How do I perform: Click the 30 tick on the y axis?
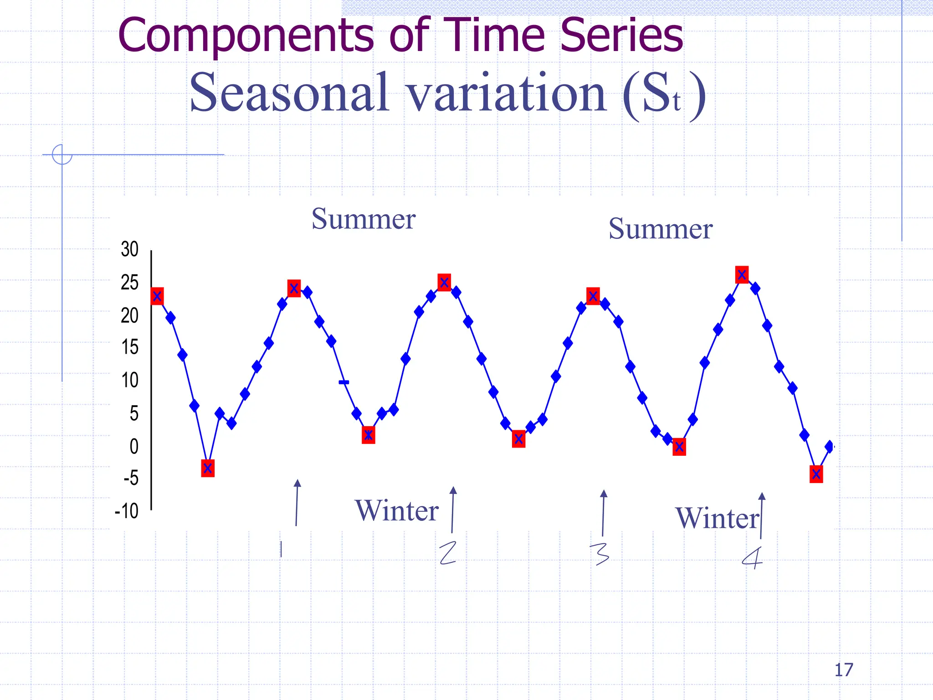tap(130, 249)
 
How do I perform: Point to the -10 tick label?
tap(127, 511)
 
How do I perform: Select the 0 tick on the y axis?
tap(134, 446)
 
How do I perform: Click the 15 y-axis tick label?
tap(130, 347)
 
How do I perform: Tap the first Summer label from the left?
tap(363, 219)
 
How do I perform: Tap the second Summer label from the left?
tap(660, 229)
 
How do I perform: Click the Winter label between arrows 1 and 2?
tap(396, 510)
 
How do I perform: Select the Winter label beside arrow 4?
tap(717, 519)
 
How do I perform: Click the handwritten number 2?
tap(448, 553)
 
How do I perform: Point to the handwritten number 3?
tap(600, 554)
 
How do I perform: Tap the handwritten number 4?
tap(752, 558)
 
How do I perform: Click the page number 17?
tap(843, 670)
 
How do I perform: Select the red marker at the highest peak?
tap(742, 275)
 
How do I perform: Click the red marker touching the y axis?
tap(157, 296)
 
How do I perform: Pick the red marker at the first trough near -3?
tap(208, 468)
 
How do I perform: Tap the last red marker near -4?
tap(816, 474)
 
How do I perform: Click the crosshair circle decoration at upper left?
tap(62, 154)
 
